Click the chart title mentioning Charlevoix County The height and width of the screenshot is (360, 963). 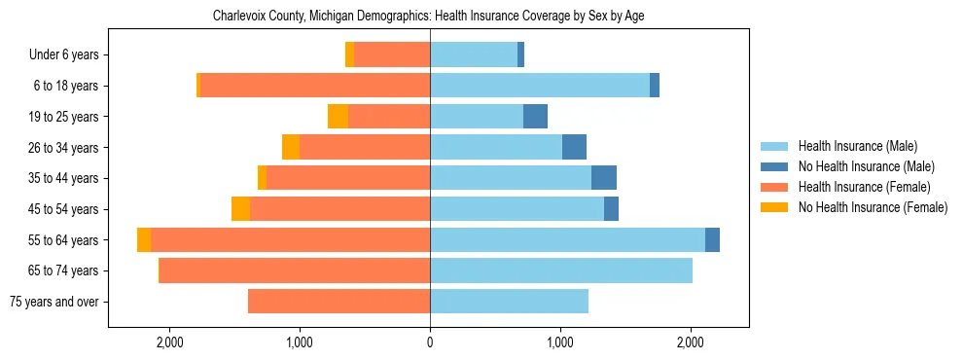(428, 16)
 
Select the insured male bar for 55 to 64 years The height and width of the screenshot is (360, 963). (567, 239)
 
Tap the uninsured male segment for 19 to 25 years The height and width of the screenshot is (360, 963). (535, 117)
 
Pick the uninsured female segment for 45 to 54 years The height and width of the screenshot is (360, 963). (240, 209)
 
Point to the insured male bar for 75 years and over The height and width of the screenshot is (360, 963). (509, 302)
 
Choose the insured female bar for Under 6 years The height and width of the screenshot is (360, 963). (392, 54)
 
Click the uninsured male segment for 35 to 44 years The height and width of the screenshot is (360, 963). (603, 178)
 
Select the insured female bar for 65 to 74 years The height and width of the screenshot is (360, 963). (295, 270)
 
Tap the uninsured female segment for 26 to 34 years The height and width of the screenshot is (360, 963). (291, 147)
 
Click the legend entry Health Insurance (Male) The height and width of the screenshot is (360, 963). (857, 146)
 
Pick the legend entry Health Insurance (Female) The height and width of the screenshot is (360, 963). (862, 187)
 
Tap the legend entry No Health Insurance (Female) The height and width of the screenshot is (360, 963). (872, 207)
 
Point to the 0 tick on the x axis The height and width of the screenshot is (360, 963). (430, 342)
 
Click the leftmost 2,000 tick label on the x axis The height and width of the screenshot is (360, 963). (169, 342)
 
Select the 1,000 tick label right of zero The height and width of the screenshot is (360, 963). (560, 342)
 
